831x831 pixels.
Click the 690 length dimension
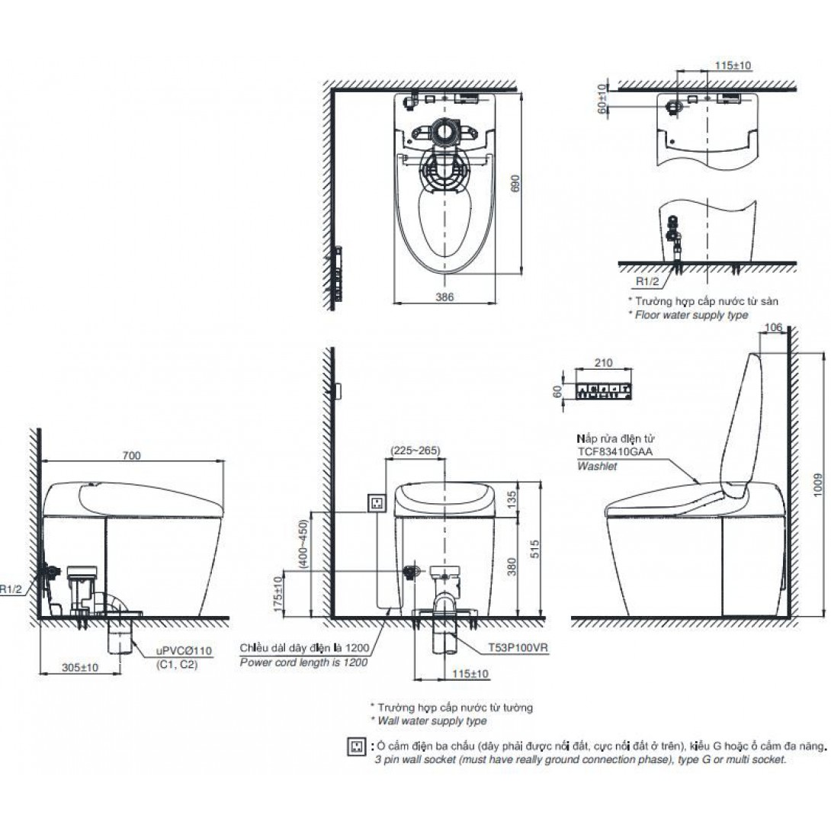pos(515,184)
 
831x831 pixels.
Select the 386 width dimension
pos(444,297)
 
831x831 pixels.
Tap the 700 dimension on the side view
pos(131,455)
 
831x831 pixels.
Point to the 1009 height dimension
pos(818,484)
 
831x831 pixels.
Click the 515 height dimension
pos(534,548)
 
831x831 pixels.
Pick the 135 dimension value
pos(512,499)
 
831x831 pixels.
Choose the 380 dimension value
pos(512,568)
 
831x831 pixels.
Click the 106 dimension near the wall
pos(774,328)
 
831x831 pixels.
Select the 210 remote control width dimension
pos(603,363)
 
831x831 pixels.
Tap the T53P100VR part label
pos(518,647)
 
